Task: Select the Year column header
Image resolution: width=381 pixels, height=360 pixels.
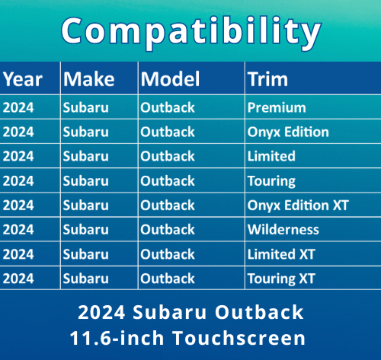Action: [x=22, y=79]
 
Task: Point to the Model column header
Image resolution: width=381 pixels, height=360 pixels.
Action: [x=170, y=79]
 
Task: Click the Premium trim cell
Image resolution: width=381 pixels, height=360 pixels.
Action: [x=277, y=107]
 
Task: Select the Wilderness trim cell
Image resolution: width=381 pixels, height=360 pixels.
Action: [x=283, y=229]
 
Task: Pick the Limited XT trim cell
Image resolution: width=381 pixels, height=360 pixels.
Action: [x=281, y=253]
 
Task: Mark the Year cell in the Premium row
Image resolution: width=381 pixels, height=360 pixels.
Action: [x=18, y=107]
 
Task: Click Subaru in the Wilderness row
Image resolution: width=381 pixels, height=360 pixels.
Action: [x=86, y=229]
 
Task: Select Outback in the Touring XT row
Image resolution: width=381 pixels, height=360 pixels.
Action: [x=168, y=278]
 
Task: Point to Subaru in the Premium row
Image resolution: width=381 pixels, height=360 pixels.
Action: [x=86, y=107]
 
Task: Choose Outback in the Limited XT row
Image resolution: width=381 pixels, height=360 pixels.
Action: [x=168, y=253]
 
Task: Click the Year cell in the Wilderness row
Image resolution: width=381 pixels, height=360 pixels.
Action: [x=18, y=229]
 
